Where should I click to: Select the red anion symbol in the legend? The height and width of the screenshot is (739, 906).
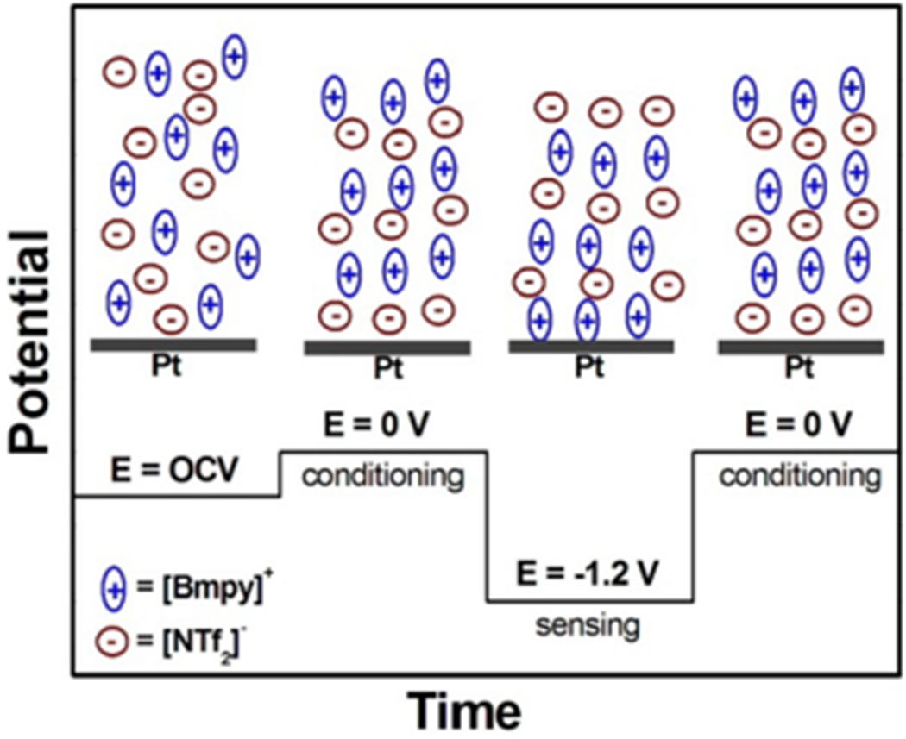[x=111, y=642]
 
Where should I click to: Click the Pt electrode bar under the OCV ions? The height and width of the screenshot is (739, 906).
[x=173, y=344]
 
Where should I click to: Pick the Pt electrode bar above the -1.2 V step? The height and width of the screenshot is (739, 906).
[x=591, y=346]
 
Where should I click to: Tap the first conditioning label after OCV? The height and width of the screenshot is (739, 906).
[x=383, y=475]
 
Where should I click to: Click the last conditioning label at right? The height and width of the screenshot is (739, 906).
[x=800, y=475]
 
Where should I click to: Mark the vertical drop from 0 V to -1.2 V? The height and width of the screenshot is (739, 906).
[x=488, y=526]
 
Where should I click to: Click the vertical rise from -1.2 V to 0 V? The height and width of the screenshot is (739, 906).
[x=694, y=526]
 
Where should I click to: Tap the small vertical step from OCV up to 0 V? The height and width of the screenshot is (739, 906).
[x=280, y=473]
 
